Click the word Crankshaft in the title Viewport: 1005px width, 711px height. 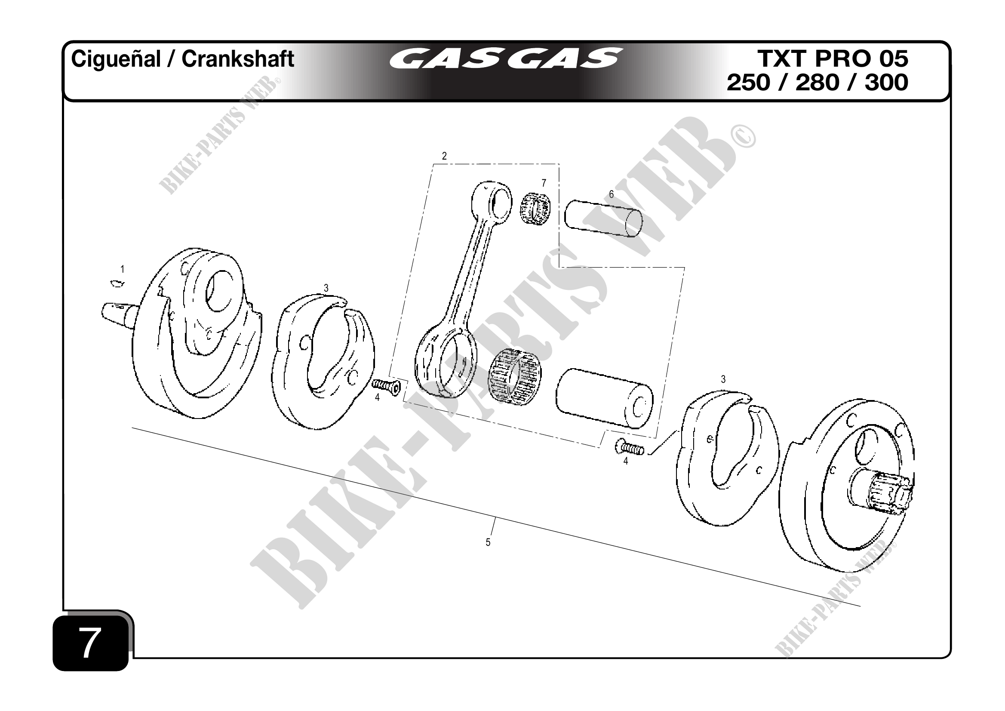pos(238,59)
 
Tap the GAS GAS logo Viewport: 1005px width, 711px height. pos(505,58)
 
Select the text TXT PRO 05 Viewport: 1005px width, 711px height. pos(832,58)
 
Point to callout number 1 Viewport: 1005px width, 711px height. pos(123,270)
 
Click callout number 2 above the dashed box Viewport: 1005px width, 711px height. pos(444,156)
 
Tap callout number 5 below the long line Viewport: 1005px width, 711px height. pos(488,542)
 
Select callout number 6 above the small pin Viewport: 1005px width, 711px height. pos(612,194)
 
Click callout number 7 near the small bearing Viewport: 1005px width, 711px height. pos(544,182)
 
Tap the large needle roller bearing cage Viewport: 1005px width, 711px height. pos(514,376)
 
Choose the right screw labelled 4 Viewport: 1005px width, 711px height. pos(630,447)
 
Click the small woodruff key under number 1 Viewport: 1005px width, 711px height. pos(116,284)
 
